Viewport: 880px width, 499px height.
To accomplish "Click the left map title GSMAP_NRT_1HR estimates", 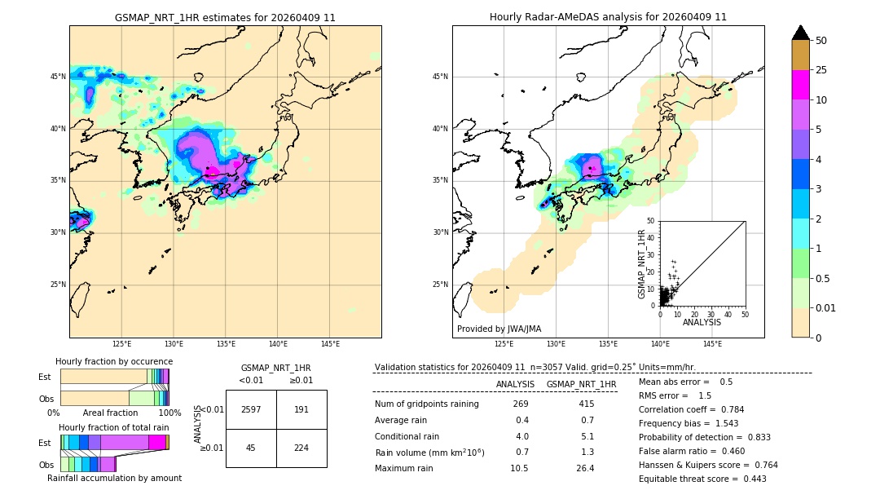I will pos(225,17).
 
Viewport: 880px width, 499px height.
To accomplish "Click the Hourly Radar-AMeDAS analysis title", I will pos(608,17).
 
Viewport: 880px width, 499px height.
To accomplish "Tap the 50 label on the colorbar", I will pos(821,41).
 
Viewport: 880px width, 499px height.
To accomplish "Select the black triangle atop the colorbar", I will pos(801,33).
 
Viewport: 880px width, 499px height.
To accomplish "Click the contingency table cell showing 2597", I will pos(251,409).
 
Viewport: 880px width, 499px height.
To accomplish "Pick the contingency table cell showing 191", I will pos(301,409).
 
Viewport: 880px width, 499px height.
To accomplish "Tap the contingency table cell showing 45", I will pos(251,447).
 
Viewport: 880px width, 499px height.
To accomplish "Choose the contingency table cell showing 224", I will pos(301,447).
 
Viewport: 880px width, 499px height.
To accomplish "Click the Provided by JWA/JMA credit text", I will pos(499,329).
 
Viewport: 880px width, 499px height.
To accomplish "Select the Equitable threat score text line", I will pos(702,479).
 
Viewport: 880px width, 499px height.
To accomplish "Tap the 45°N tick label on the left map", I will pos(58,77).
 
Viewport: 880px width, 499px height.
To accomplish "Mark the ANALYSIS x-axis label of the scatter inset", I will pos(702,322).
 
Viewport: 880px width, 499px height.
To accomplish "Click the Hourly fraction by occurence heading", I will pos(114,361).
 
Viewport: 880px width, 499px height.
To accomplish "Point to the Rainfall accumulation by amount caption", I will pos(114,478).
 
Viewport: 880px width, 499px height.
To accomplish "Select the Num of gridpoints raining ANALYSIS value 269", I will pos(521,404).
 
